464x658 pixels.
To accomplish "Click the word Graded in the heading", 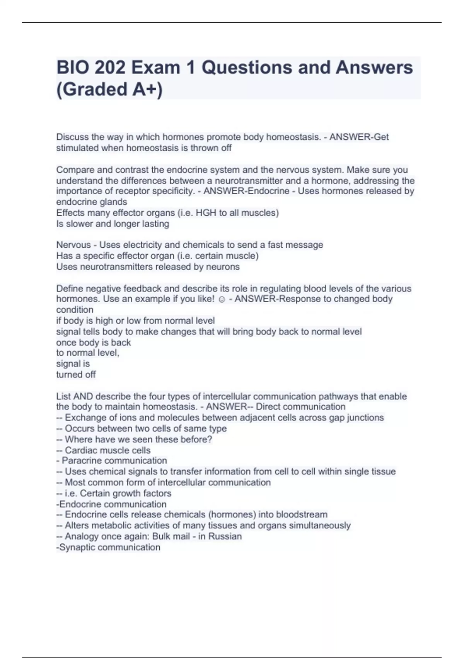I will [x=95, y=89].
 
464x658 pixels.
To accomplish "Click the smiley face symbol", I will [x=222, y=299].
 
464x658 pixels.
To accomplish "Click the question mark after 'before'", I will [x=210, y=439].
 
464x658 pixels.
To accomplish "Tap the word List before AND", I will [x=64, y=396].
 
